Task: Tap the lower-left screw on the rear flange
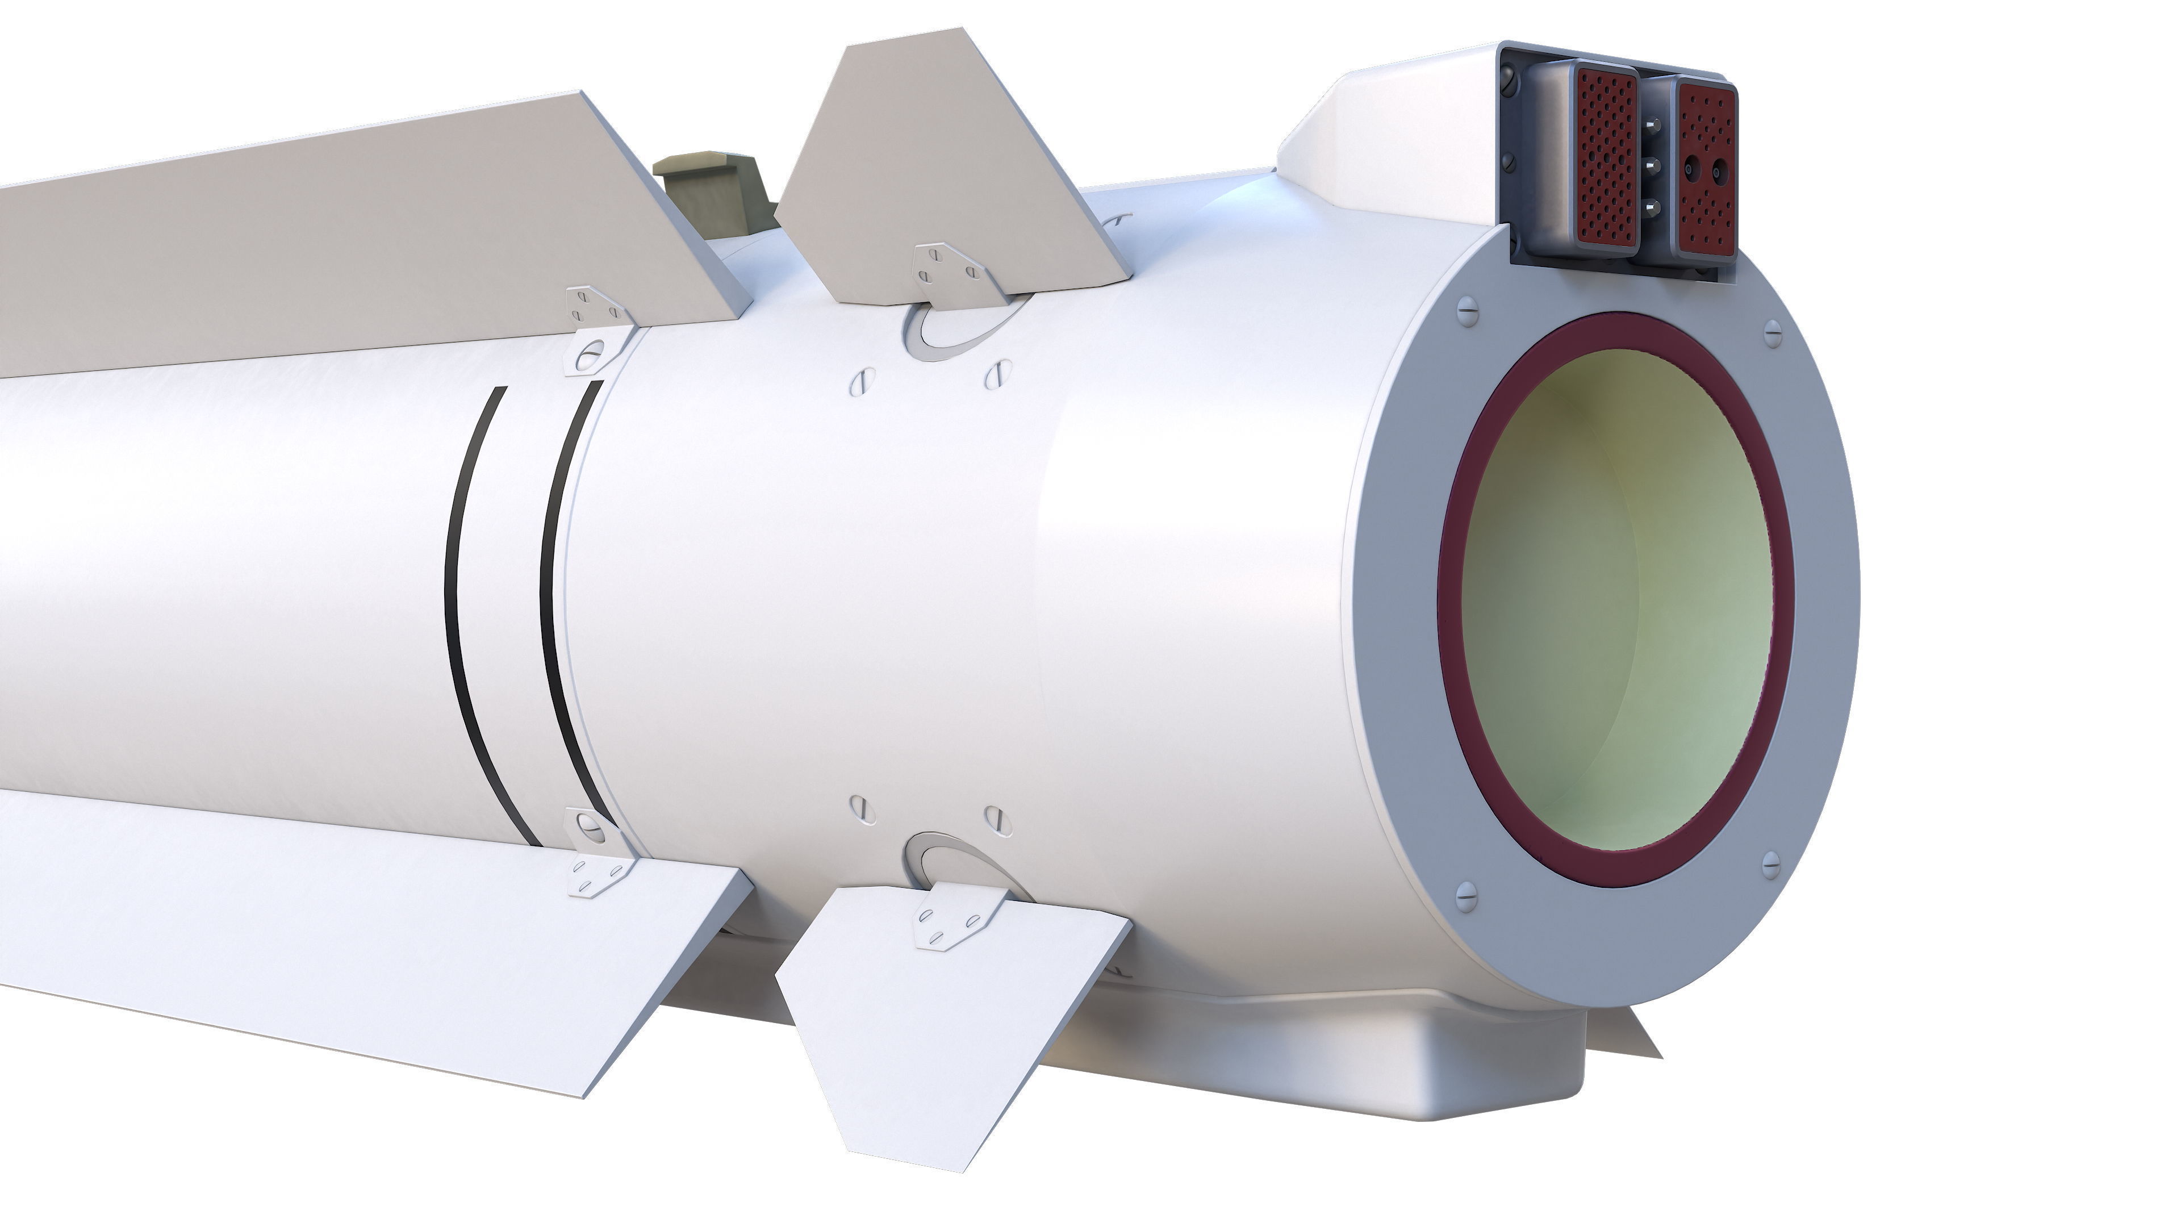[1466, 895]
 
